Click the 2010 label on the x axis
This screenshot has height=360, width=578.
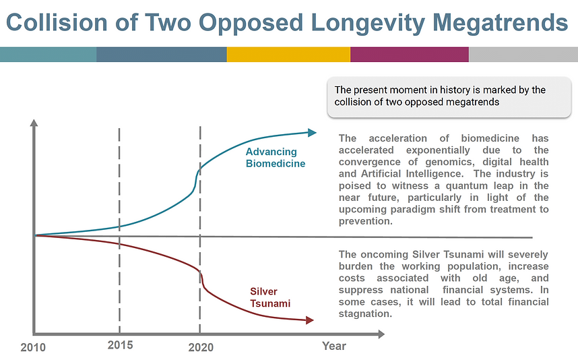(x=33, y=347)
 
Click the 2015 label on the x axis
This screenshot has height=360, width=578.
(x=120, y=345)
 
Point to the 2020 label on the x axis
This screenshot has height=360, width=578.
(x=201, y=347)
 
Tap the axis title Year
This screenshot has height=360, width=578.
(x=333, y=346)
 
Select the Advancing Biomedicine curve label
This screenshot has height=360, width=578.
(x=276, y=158)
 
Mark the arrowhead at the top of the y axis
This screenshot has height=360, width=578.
(x=34, y=123)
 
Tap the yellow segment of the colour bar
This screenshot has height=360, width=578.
(x=288, y=55)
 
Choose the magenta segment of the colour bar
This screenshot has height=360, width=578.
(x=409, y=55)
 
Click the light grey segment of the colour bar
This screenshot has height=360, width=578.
(x=523, y=55)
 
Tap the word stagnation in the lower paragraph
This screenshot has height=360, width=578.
(x=365, y=314)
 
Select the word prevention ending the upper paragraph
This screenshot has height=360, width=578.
(x=365, y=221)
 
